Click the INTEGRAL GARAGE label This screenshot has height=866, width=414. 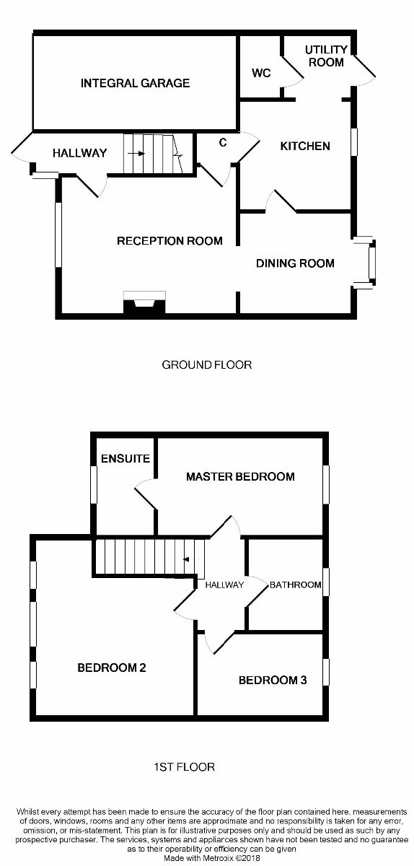(136, 83)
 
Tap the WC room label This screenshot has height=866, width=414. (261, 73)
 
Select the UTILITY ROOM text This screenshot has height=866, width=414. (326, 56)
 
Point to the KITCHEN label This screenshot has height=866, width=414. (305, 146)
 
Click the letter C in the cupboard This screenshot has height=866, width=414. (223, 143)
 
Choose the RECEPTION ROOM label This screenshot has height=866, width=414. (169, 241)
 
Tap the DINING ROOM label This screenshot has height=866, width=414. (295, 263)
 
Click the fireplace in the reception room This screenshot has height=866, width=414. (144, 302)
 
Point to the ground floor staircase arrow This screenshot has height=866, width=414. (136, 154)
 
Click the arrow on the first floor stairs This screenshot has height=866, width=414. (186, 559)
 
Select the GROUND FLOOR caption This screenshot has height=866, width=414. (207, 365)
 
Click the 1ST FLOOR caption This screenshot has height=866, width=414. (184, 767)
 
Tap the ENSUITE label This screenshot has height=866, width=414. (125, 458)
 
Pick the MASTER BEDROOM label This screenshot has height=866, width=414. (240, 477)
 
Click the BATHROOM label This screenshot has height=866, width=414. (295, 585)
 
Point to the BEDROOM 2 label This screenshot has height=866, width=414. (112, 668)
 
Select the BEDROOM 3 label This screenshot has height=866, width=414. (273, 680)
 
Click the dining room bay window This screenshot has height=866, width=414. (365, 263)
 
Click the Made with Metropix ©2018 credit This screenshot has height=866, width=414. (212, 858)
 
